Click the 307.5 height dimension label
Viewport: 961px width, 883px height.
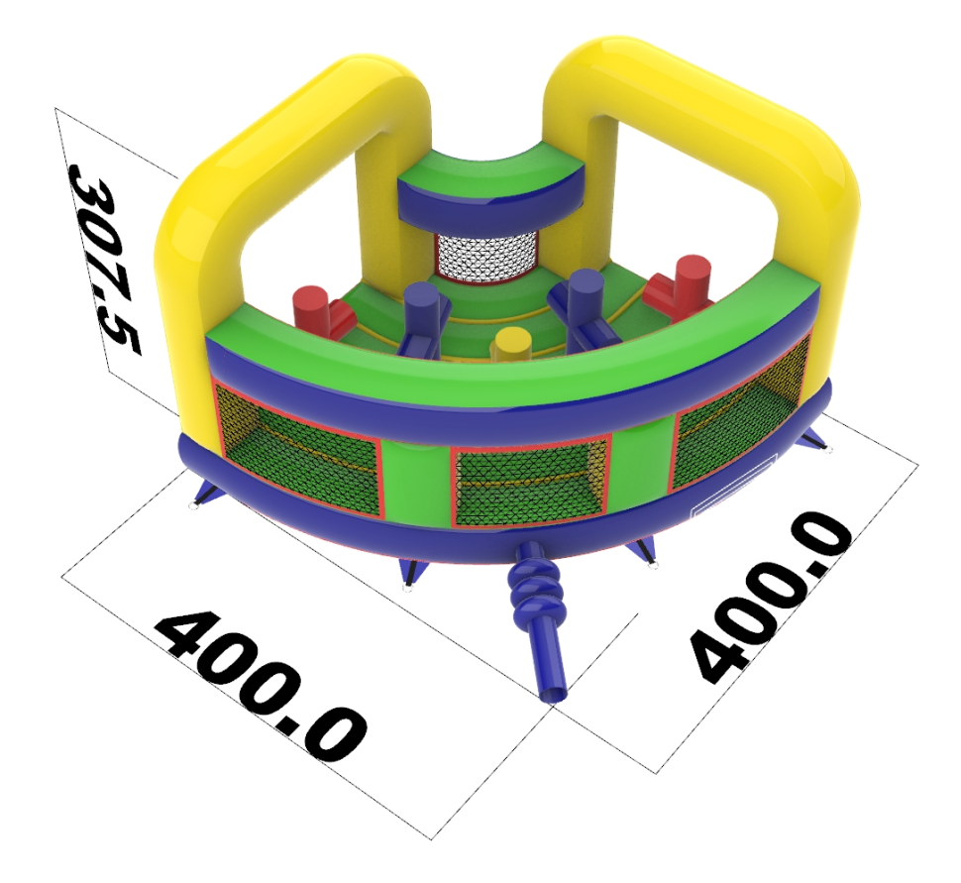[105, 260]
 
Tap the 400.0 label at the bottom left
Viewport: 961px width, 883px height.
[260, 684]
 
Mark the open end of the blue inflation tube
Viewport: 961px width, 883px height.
[554, 695]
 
